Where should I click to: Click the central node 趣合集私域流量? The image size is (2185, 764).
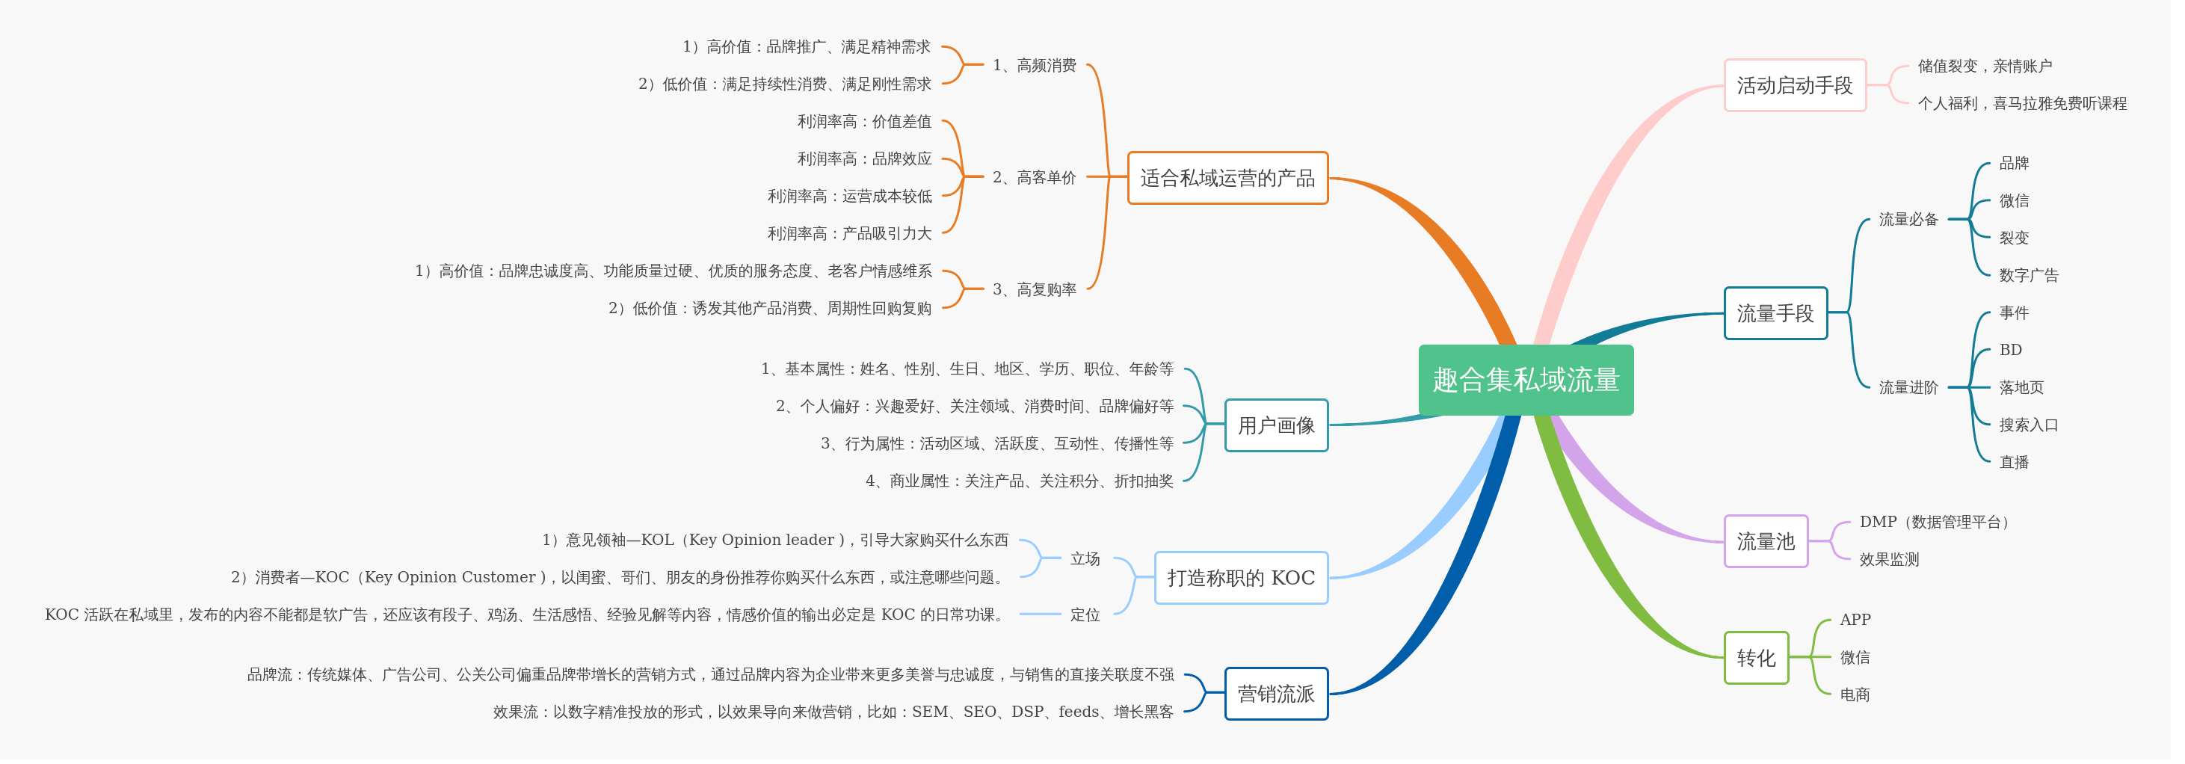(1525, 380)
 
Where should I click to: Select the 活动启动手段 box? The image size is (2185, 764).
(1795, 84)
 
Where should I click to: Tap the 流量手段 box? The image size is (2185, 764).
(1775, 313)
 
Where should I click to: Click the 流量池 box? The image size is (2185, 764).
(1765, 541)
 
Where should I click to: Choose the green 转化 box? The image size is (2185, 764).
(1756, 658)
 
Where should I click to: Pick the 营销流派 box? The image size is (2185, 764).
(1276, 694)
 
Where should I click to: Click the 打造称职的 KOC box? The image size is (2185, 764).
(1240, 577)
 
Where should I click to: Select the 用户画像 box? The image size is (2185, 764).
(1276, 425)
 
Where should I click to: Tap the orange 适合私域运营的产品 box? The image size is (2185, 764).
(1227, 178)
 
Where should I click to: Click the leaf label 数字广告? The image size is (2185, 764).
(2028, 275)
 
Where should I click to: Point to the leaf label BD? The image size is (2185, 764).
(2010, 349)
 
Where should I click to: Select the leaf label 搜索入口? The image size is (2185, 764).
(2028, 425)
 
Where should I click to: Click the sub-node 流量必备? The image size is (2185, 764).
(1908, 219)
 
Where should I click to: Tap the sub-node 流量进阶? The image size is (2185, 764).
(1908, 387)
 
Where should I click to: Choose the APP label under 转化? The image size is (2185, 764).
(1855, 620)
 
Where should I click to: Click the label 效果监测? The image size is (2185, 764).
(1889, 559)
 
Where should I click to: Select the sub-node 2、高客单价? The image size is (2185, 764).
(1034, 177)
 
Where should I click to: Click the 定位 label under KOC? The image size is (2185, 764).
(1085, 614)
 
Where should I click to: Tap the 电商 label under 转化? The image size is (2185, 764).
(1855, 694)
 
